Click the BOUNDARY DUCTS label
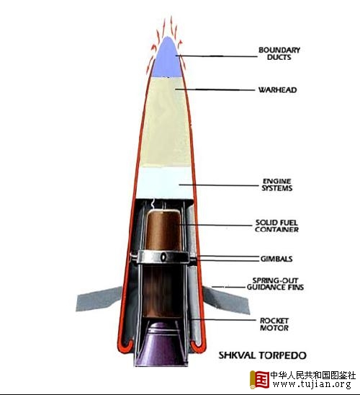(279, 53)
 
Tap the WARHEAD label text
(277, 90)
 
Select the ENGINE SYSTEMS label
(277, 185)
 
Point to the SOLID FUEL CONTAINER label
(276, 226)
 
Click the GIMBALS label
(276, 259)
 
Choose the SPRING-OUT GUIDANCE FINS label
(275, 284)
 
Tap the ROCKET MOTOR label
(274, 324)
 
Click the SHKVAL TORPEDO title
(262, 355)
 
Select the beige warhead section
(166, 123)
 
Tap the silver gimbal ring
(163, 257)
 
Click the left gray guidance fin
(99, 300)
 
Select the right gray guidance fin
(226, 301)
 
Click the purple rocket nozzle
(161, 345)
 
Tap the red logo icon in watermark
(259, 379)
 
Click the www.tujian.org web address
(312, 384)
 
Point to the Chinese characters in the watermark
(313, 375)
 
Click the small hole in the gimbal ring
(163, 257)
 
